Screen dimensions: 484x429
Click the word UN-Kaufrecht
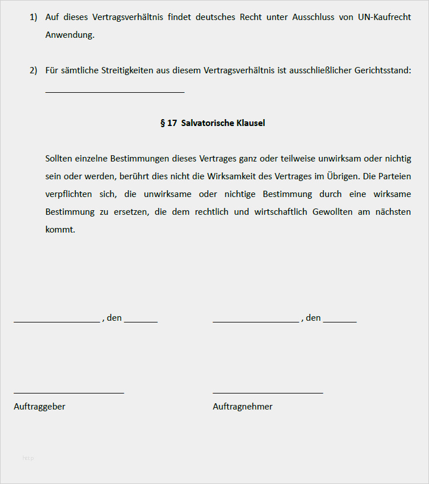pos(384,17)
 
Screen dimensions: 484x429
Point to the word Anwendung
pos(70,35)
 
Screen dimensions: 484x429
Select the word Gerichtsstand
pos(383,70)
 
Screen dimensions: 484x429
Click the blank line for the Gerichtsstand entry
pos(114,90)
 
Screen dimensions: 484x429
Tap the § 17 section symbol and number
pos(168,123)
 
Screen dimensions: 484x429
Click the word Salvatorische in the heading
pos(206,123)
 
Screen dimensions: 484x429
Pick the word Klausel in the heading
pos(250,123)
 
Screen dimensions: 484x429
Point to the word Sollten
pos(60,159)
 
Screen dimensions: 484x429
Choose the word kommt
pos(60,230)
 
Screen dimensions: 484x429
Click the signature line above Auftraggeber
pos(69,392)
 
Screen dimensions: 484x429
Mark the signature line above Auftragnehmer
pos(268,392)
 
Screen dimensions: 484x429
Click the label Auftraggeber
pos(39,407)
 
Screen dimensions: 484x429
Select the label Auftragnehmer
pos(243,407)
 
